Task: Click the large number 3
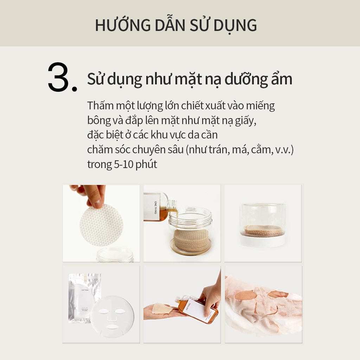(x=59, y=77)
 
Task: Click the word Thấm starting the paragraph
(x=100, y=106)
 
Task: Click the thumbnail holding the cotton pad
(x=101, y=223)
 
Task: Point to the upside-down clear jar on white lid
(x=263, y=225)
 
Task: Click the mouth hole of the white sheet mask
(x=112, y=327)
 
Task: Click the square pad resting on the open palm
(x=162, y=308)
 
